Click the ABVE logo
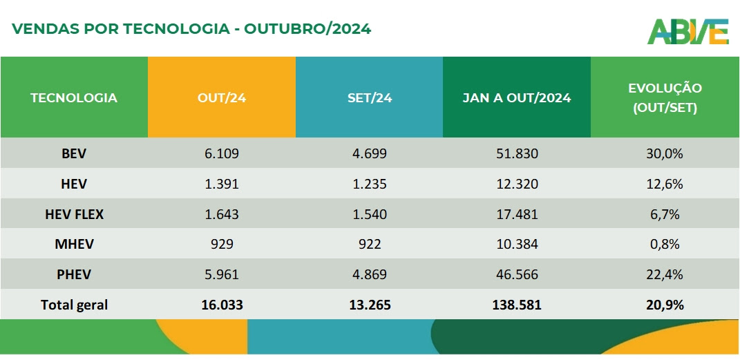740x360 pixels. [x=687, y=31]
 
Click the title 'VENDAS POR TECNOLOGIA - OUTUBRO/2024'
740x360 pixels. [x=192, y=29]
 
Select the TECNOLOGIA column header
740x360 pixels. [x=74, y=97]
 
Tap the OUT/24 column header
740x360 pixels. [x=222, y=97]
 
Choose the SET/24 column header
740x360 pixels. [x=370, y=97]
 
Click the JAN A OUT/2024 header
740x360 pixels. [x=517, y=97]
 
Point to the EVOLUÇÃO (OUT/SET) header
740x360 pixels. [x=665, y=97]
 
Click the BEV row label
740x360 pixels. [x=74, y=153]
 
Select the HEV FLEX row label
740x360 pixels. [x=74, y=214]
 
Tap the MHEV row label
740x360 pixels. [x=74, y=245]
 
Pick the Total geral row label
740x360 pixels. [x=74, y=305]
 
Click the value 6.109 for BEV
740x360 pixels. [x=222, y=153]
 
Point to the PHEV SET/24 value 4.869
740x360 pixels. [x=370, y=274]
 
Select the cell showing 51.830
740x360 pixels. [x=517, y=153]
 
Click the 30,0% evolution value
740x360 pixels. [x=665, y=153]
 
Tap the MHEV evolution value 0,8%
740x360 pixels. [x=665, y=245]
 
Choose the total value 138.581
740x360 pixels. [x=517, y=305]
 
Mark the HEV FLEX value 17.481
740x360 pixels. [x=517, y=214]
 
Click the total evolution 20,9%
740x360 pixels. [x=665, y=305]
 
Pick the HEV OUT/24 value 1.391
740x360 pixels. [x=222, y=184]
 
